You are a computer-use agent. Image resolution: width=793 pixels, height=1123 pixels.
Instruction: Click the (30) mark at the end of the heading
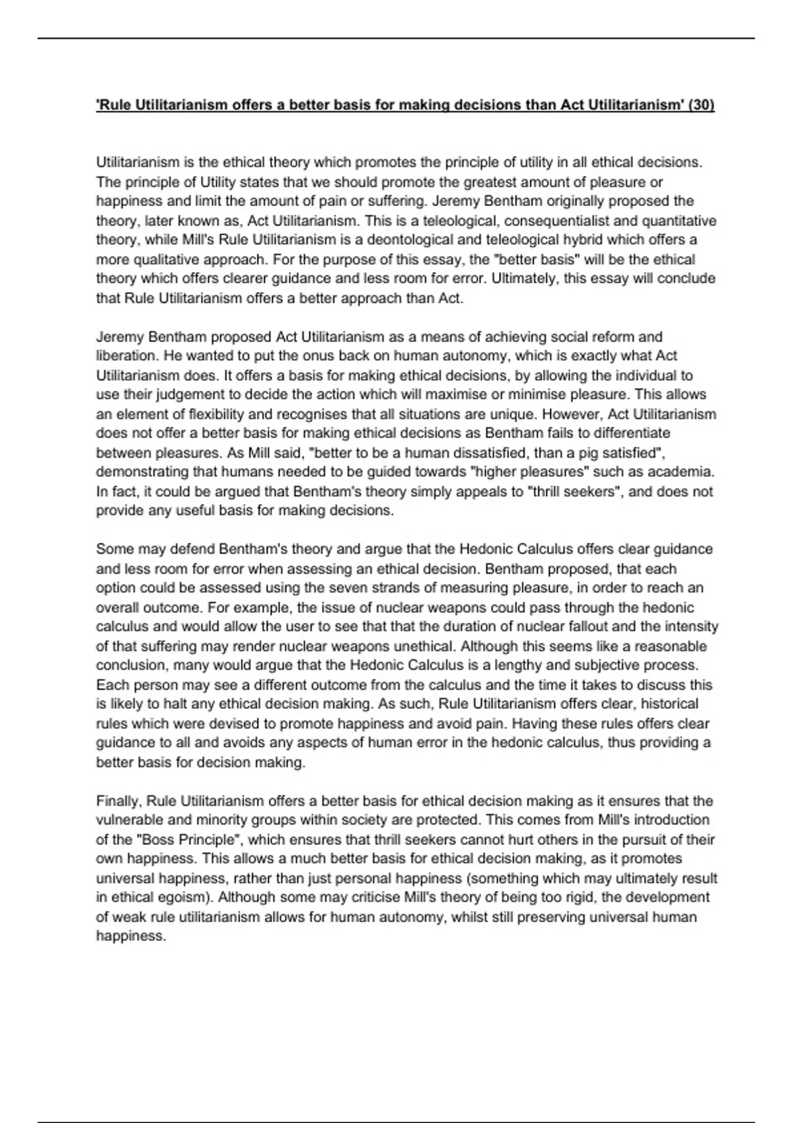[x=701, y=105]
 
